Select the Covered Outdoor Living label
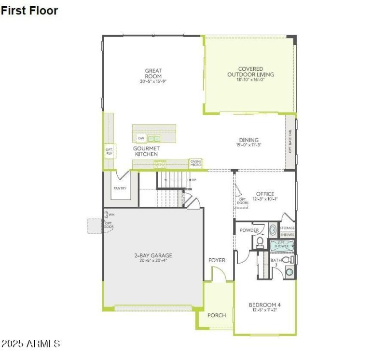pos(250,72)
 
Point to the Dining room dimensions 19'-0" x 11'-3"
pos(248,145)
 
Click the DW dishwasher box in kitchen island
pos(141,138)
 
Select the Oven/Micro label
pos(195,163)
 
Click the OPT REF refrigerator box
pos(109,151)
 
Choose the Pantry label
pos(119,188)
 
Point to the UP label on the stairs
pos(194,180)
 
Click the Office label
pos(265,194)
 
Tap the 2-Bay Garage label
pos(153,255)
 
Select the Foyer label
pos(217,260)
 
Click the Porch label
pos(217,315)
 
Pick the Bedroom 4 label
pos(264,305)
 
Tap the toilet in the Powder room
pos(259,240)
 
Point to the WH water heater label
pos(111,214)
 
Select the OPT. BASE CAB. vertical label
pos(290,142)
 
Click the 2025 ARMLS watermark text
pos(31,344)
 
